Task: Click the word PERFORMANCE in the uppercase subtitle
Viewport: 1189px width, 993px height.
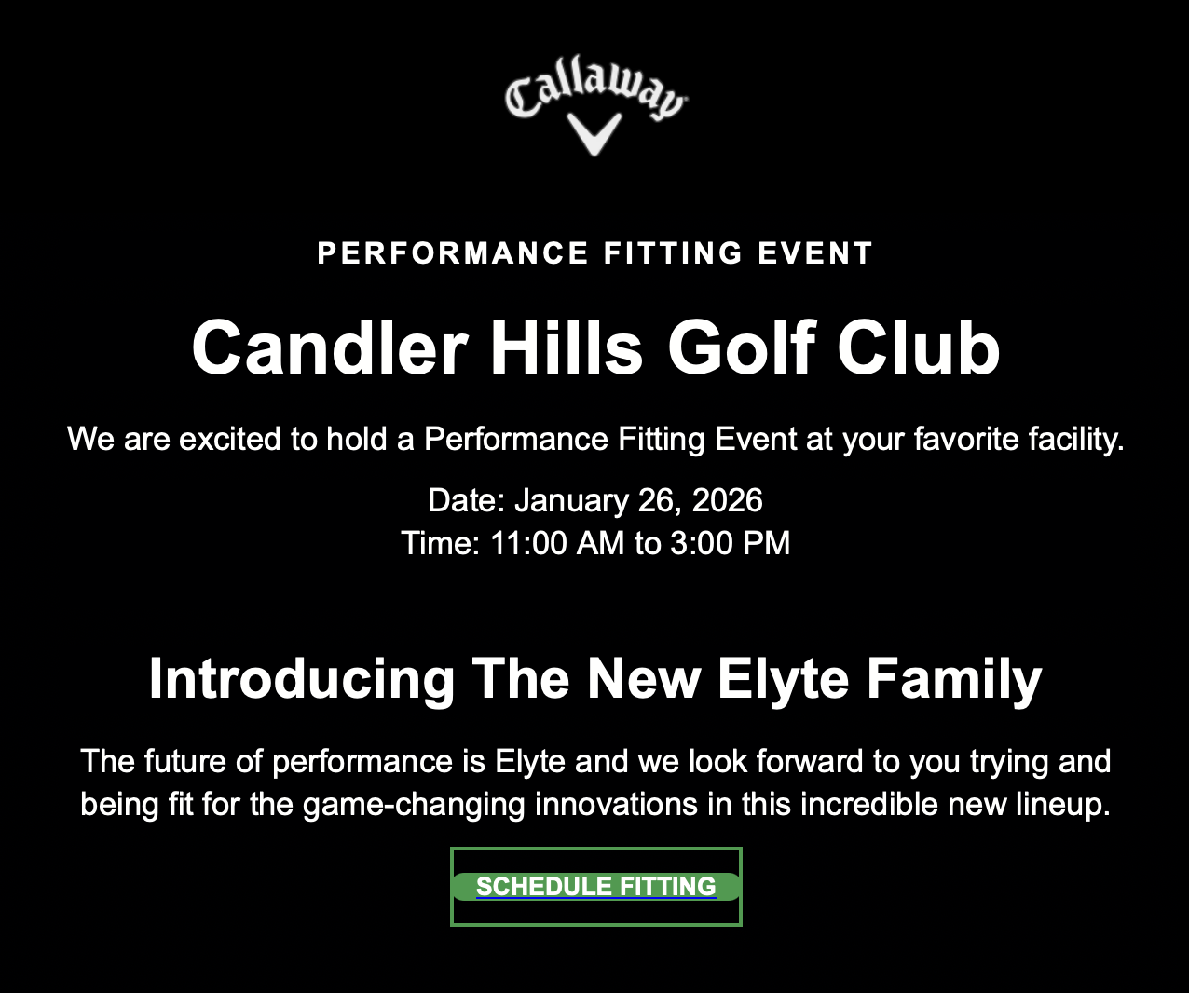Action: coord(453,253)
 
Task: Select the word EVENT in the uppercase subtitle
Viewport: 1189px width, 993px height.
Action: coord(815,253)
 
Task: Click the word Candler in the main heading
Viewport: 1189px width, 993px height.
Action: coord(329,347)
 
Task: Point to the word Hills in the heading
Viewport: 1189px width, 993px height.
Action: coord(567,347)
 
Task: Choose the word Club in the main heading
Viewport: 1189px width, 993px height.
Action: coord(919,347)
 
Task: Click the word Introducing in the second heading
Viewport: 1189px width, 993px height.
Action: coord(302,679)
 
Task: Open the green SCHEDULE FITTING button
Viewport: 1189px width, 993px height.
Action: coord(596,887)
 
